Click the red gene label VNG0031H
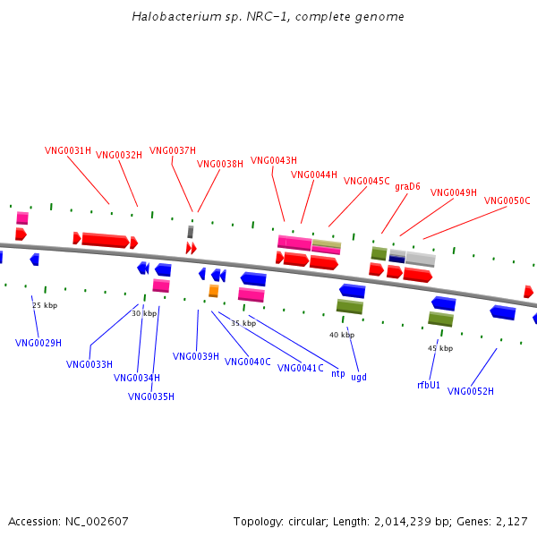tap(68, 150)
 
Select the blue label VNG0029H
tap(38, 343)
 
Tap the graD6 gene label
tap(407, 187)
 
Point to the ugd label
tap(359, 377)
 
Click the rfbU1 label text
tap(429, 385)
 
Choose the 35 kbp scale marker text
tap(243, 323)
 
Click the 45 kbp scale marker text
tap(440, 348)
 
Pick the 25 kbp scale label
tap(45, 305)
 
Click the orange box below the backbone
tap(214, 291)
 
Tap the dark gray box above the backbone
tap(191, 232)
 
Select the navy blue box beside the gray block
tap(396, 260)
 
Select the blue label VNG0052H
tap(471, 391)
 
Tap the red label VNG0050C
tap(507, 200)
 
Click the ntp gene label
tap(338, 373)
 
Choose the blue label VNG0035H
tap(151, 396)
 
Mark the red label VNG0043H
tap(274, 160)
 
